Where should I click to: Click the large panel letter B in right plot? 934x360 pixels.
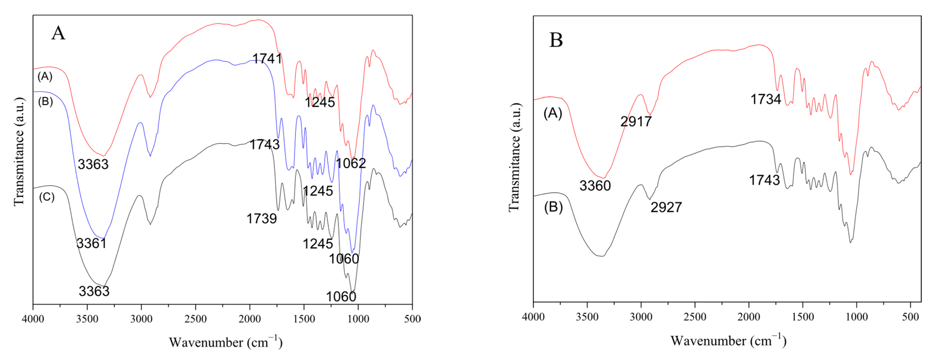tap(556, 40)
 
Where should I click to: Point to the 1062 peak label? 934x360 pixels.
tap(351, 163)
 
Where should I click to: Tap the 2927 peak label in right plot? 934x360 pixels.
tap(666, 207)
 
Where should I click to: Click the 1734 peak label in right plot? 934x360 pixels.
tap(765, 99)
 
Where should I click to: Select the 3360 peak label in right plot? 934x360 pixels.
tap(595, 186)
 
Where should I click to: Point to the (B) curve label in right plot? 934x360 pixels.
tap(553, 207)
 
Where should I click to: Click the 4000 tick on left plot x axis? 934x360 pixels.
tap(33, 319)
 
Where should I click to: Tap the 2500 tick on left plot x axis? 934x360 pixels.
tap(196, 319)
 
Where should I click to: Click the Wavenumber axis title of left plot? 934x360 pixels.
tap(225, 342)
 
